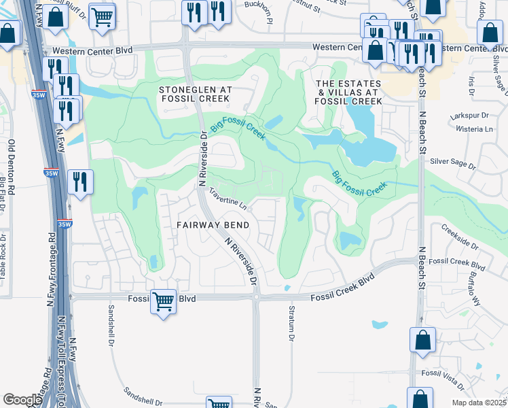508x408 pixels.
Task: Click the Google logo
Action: coord(22,399)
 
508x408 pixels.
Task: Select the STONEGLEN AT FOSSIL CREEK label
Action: coord(196,95)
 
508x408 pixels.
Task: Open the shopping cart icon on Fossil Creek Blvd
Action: coord(163,300)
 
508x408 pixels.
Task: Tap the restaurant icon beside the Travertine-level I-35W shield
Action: coord(80,182)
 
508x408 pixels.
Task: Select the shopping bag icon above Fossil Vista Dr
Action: coord(422,341)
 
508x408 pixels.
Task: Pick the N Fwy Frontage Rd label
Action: coord(51,272)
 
